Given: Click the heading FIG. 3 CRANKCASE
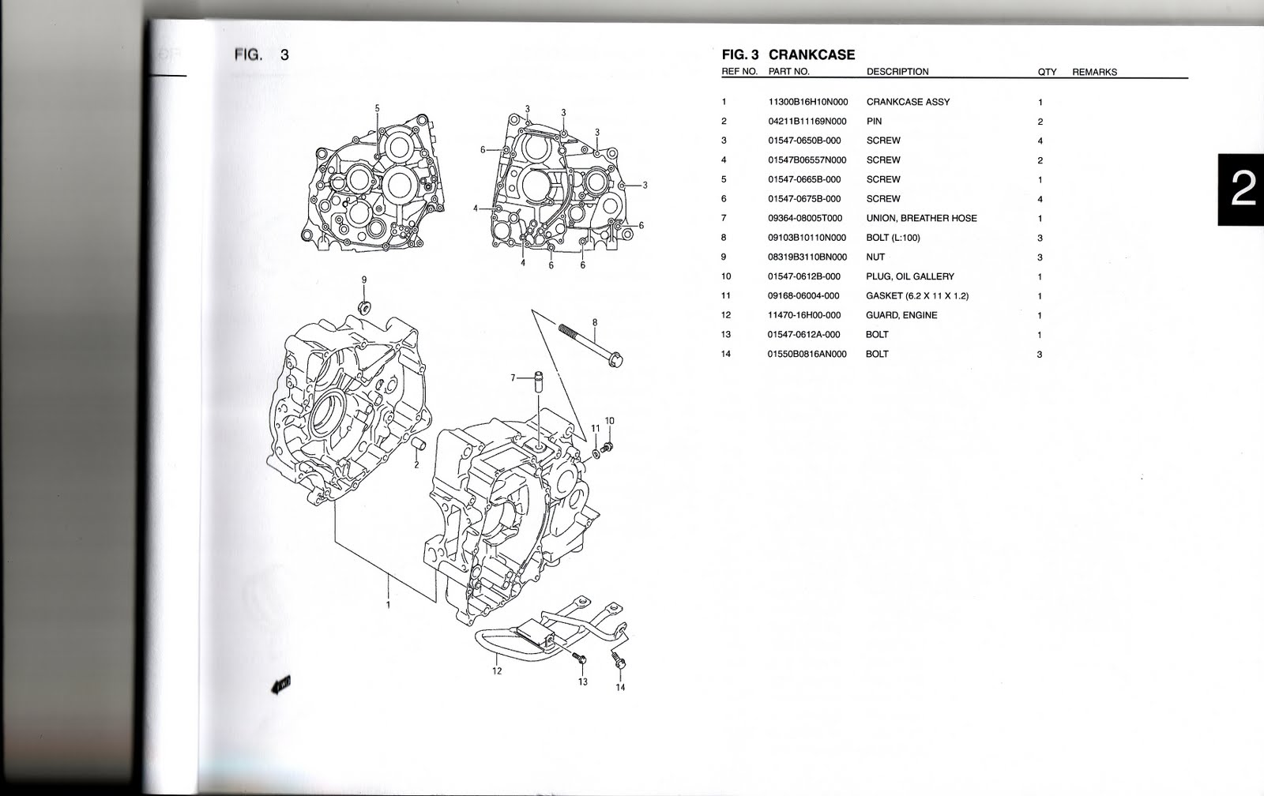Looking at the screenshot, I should pyautogui.click(x=788, y=54).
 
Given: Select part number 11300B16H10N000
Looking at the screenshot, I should pyautogui.click(x=807, y=102).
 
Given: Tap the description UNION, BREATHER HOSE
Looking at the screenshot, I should pyautogui.click(x=921, y=218).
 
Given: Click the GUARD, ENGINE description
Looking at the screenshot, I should pyautogui.click(x=901, y=315).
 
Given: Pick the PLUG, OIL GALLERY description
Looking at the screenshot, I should pyautogui.click(x=910, y=276).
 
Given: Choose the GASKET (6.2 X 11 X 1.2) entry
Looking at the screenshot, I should pyautogui.click(x=917, y=295).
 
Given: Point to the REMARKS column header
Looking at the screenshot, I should pyautogui.click(x=1094, y=72).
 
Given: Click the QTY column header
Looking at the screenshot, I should pyautogui.click(x=1047, y=72).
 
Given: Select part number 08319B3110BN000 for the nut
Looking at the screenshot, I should pyautogui.click(x=807, y=257).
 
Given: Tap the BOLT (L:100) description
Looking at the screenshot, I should pyautogui.click(x=893, y=238).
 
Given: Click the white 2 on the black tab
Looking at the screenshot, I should pyautogui.click(x=1242, y=190).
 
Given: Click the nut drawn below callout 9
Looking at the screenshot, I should pyautogui.click(x=364, y=306).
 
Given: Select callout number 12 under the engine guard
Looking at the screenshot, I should pyautogui.click(x=496, y=672).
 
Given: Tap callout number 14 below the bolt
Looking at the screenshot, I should pyautogui.click(x=620, y=687).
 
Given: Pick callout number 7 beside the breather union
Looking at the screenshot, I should pyautogui.click(x=512, y=378).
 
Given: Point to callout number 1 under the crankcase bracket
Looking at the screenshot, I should pyautogui.click(x=388, y=605).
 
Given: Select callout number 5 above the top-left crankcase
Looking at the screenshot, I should pyautogui.click(x=377, y=108).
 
